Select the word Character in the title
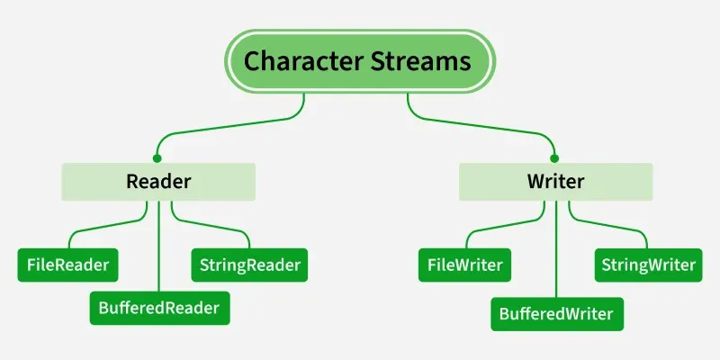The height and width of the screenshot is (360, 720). tap(297, 61)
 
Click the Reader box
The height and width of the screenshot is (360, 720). tap(158, 182)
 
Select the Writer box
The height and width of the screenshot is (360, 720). tap(555, 182)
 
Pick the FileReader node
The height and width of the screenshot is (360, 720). tap(68, 265)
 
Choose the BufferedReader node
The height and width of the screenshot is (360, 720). tap(159, 309)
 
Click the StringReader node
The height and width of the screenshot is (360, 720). tap(249, 265)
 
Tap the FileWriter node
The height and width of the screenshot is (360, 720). tap(465, 265)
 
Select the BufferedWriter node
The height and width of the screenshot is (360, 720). tap(556, 313)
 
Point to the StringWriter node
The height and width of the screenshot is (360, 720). tap(646, 265)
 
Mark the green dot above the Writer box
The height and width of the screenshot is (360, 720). tap(555, 157)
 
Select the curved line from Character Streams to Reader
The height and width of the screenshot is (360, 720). tap(234, 127)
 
